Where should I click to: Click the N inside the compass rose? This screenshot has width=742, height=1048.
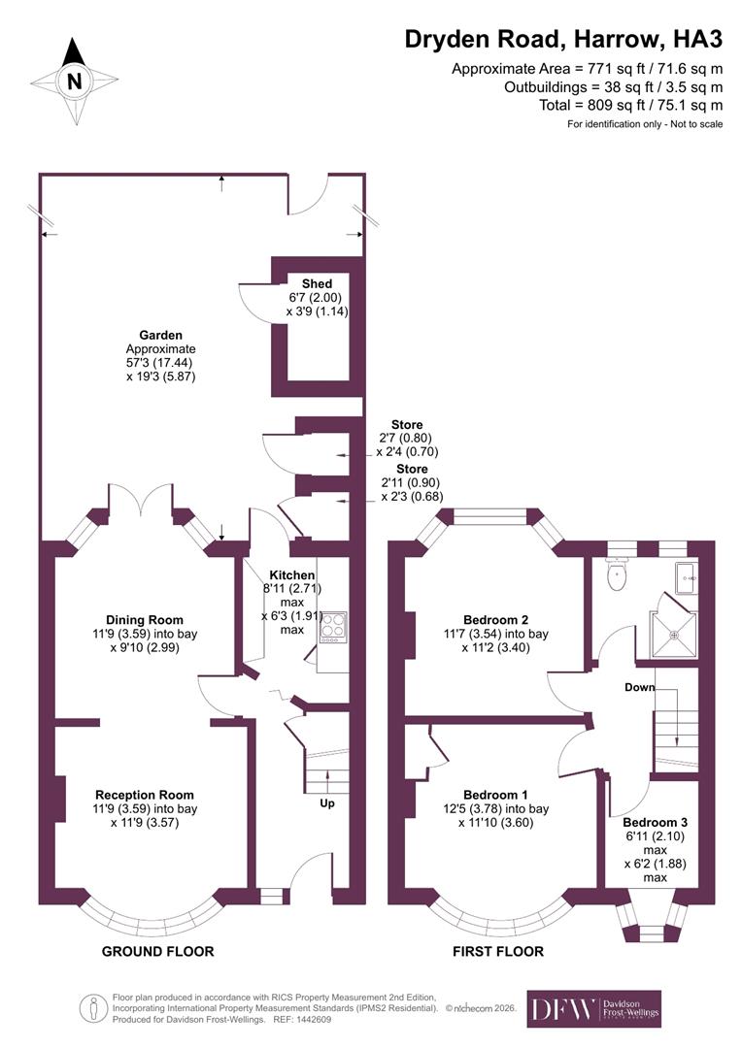click(x=74, y=82)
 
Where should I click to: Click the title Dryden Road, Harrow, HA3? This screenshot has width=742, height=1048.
click(x=563, y=40)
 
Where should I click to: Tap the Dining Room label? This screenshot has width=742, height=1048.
click(x=145, y=619)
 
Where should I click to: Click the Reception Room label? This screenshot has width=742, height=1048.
click(x=145, y=795)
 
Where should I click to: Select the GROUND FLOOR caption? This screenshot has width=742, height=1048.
click(x=157, y=951)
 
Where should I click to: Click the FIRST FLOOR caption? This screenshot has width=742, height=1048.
click(x=498, y=951)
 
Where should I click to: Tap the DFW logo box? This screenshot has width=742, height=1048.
click(x=593, y=1009)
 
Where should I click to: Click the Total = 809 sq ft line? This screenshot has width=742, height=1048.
click(x=631, y=105)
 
